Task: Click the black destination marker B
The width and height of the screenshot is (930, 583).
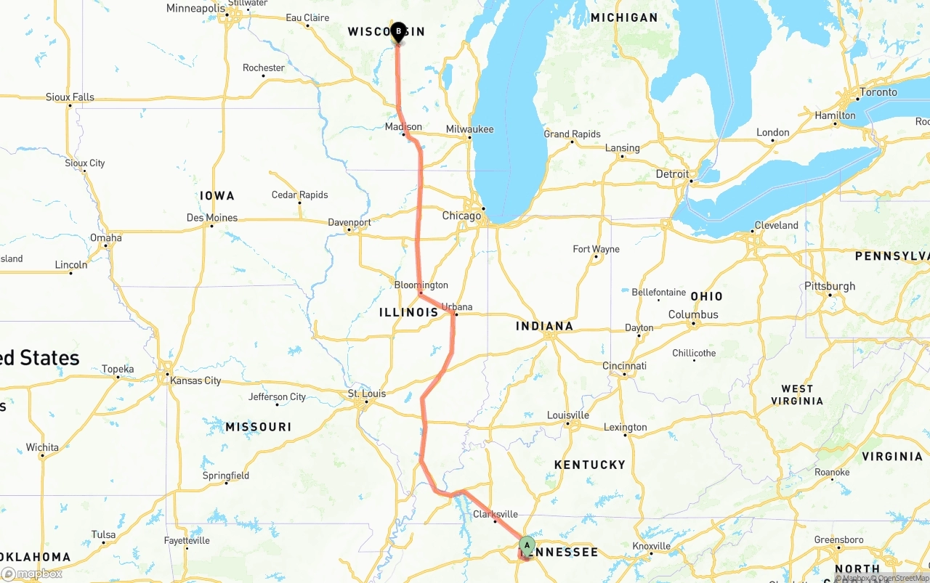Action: [x=397, y=31]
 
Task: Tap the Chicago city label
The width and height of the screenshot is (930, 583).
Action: [x=461, y=216]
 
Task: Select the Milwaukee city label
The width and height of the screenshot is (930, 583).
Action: [x=469, y=129]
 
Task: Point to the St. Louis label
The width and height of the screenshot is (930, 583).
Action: [x=367, y=394]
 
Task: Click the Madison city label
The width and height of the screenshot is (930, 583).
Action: [x=403, y=127]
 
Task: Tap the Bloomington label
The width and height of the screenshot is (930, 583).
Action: [x=421, y=285]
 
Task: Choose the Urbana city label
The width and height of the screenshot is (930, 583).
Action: [x=457, y=307]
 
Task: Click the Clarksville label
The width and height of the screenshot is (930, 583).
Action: [x=495, y=514]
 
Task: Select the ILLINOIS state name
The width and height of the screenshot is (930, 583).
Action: [x=408, y=312]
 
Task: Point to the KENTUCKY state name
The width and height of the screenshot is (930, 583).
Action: [x=589, y=465]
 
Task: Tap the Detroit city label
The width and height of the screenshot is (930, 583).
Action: [x=672, y=174]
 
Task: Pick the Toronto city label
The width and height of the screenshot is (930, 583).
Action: [x=878, y=92]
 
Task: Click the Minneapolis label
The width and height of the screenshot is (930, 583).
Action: [x=195, y=9]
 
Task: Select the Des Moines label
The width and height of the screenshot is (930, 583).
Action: [x=211, y=218]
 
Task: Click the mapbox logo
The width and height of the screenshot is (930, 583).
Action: [x=31, y=574]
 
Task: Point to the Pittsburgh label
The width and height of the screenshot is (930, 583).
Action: [x=830, y=286]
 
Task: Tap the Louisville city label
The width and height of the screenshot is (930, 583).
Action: [x=567, y=415]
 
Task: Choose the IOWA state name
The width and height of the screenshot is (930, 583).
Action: [x=217, y=196]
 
